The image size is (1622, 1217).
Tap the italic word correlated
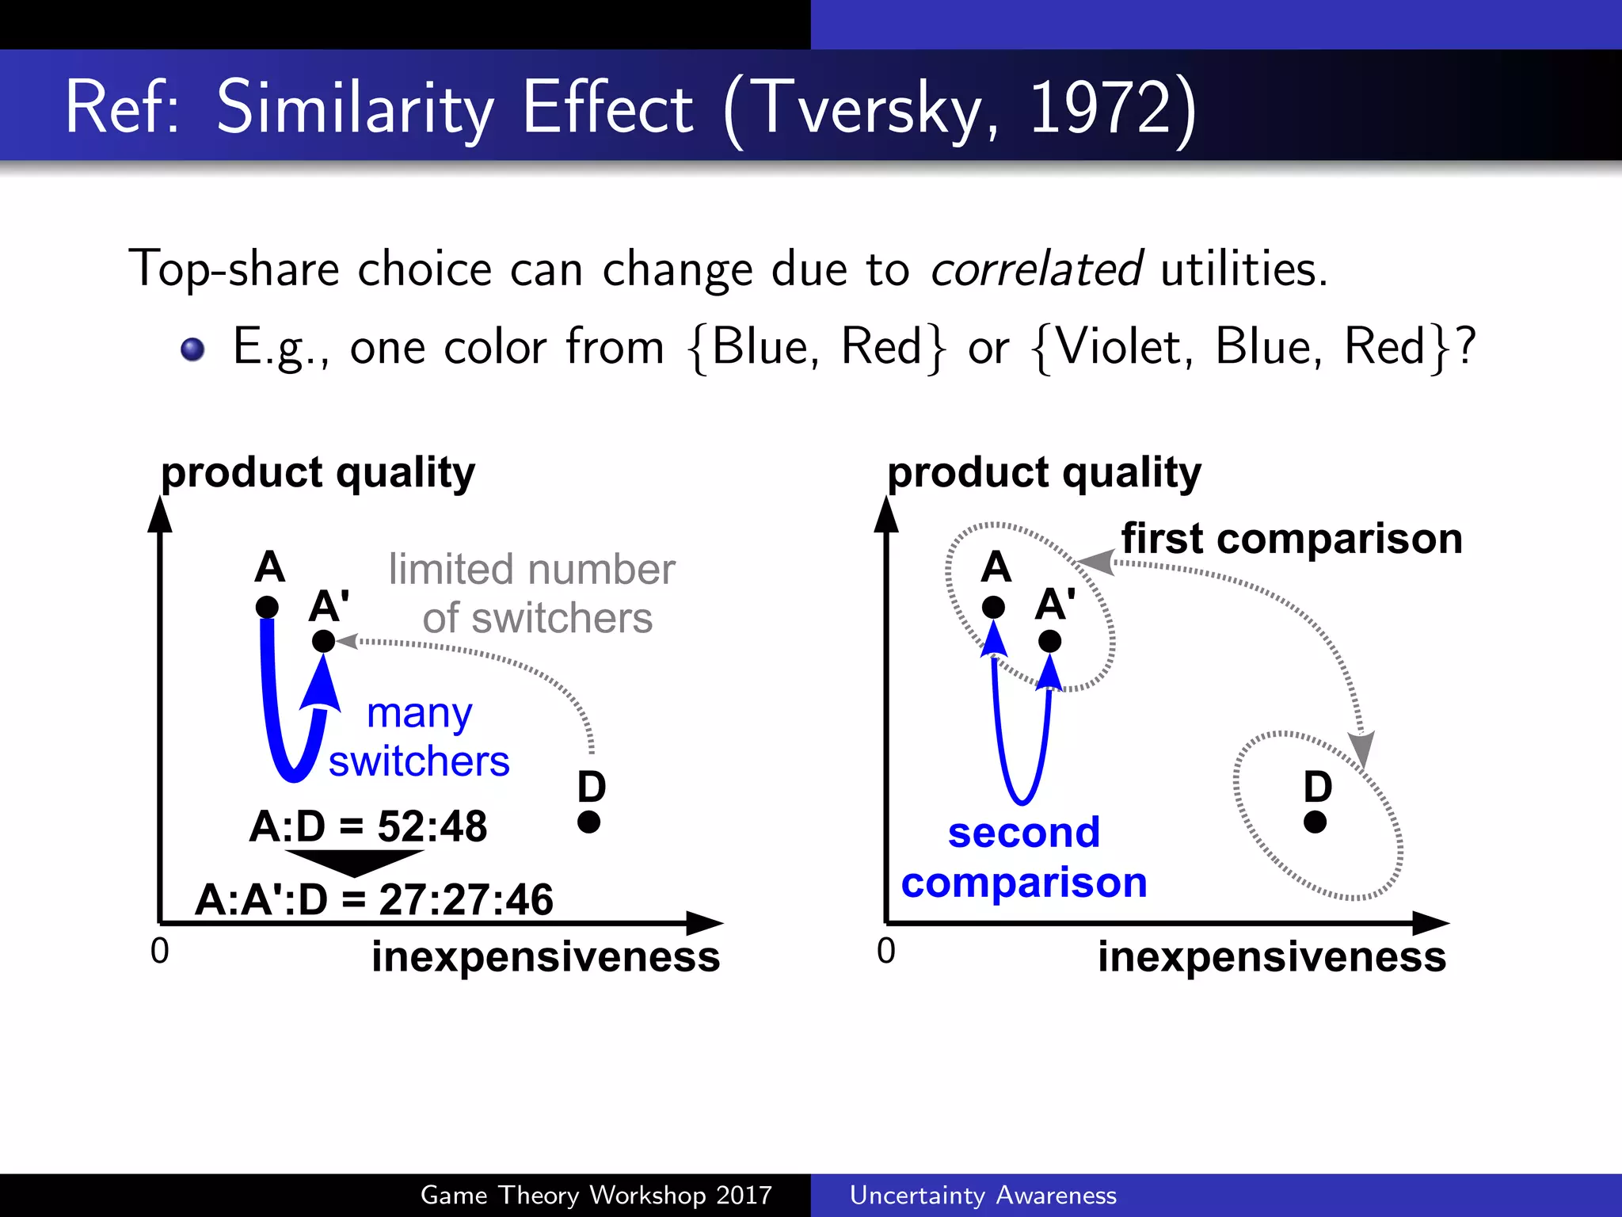coord(1036,269)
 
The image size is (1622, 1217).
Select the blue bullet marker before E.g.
coord(192,349)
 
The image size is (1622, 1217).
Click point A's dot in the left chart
coord(268,608)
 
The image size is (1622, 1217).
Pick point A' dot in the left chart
coord(323,641)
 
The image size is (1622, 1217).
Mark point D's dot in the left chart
coord(588,822)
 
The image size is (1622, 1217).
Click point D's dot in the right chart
coord(1315,822)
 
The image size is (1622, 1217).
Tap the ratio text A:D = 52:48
coord(368,826)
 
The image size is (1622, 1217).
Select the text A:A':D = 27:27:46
coord(374,900)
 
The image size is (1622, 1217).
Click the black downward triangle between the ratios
coord(354,862)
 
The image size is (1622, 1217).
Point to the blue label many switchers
coord(419,737)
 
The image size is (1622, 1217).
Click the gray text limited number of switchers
coord(532,593)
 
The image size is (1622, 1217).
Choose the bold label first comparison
coord(1292,539)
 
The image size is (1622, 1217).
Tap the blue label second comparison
coord(1024,857)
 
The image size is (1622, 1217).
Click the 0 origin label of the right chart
coord(885,951)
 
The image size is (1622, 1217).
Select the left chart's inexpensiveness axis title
coord(546,956)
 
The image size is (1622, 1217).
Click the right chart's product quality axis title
coord(1044,473)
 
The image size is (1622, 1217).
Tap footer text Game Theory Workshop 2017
coord(596,1195)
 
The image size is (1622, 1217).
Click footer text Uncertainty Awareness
coord(983,1195)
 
